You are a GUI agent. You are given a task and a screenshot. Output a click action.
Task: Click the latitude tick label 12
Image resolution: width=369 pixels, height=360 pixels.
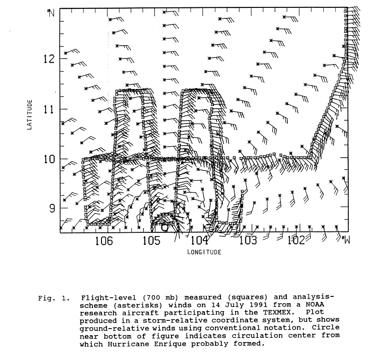49,59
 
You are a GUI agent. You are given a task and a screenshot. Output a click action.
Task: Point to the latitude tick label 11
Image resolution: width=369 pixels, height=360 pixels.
49,109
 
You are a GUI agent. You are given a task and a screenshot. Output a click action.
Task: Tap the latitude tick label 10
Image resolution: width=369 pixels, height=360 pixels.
49,159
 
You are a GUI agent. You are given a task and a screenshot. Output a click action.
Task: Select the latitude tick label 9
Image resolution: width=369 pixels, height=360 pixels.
52,208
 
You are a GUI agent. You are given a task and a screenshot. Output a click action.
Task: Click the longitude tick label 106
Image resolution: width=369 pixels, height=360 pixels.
104,241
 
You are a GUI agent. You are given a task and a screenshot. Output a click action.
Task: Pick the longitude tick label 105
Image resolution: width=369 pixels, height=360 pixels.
152,241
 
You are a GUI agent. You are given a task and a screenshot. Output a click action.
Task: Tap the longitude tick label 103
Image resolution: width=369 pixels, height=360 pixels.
248,240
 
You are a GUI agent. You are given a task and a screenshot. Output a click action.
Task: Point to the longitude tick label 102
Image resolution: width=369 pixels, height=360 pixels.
296,240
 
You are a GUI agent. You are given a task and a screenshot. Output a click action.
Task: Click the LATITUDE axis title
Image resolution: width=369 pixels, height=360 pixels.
30,115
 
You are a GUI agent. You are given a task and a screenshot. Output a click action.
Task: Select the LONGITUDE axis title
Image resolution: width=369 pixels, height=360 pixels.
204,252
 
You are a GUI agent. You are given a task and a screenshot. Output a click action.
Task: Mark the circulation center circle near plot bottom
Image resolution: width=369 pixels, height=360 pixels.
165,227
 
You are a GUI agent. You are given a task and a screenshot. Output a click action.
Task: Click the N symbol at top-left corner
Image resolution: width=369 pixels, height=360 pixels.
51,13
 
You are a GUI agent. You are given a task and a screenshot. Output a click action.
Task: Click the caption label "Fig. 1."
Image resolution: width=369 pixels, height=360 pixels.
54,299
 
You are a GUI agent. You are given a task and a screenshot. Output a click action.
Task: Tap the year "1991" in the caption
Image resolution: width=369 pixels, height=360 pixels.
258,305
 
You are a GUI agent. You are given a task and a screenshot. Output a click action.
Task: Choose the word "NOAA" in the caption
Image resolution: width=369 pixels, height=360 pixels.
315,305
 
